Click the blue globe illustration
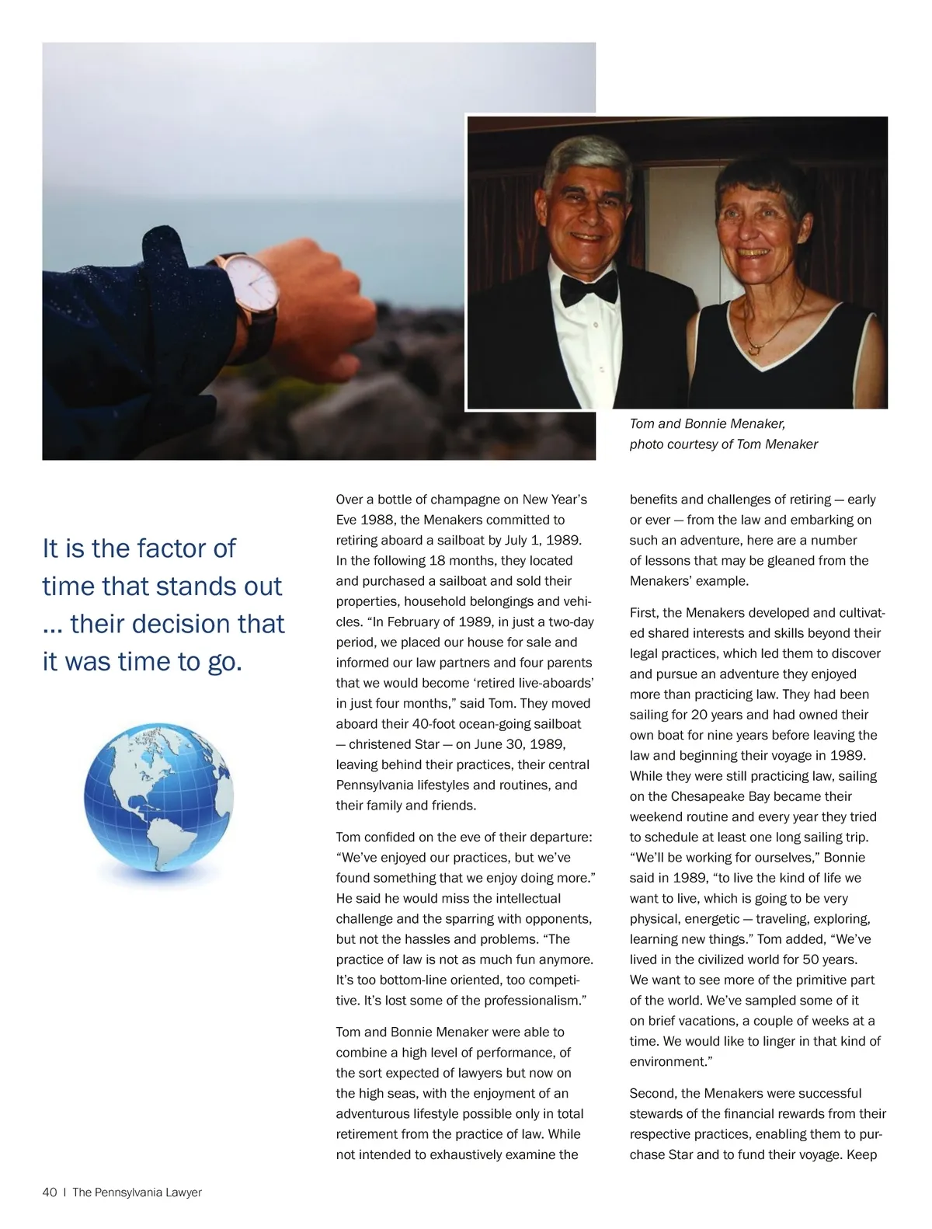[x=158, y=801]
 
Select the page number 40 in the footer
[x=50, y=1192]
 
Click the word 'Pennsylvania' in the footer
[x=129, y=1192]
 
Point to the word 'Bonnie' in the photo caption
[x=708, y=423]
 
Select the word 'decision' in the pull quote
[x=207, y=624]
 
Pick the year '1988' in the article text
[x=378, y=520]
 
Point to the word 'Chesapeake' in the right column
[x=708, y=796]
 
